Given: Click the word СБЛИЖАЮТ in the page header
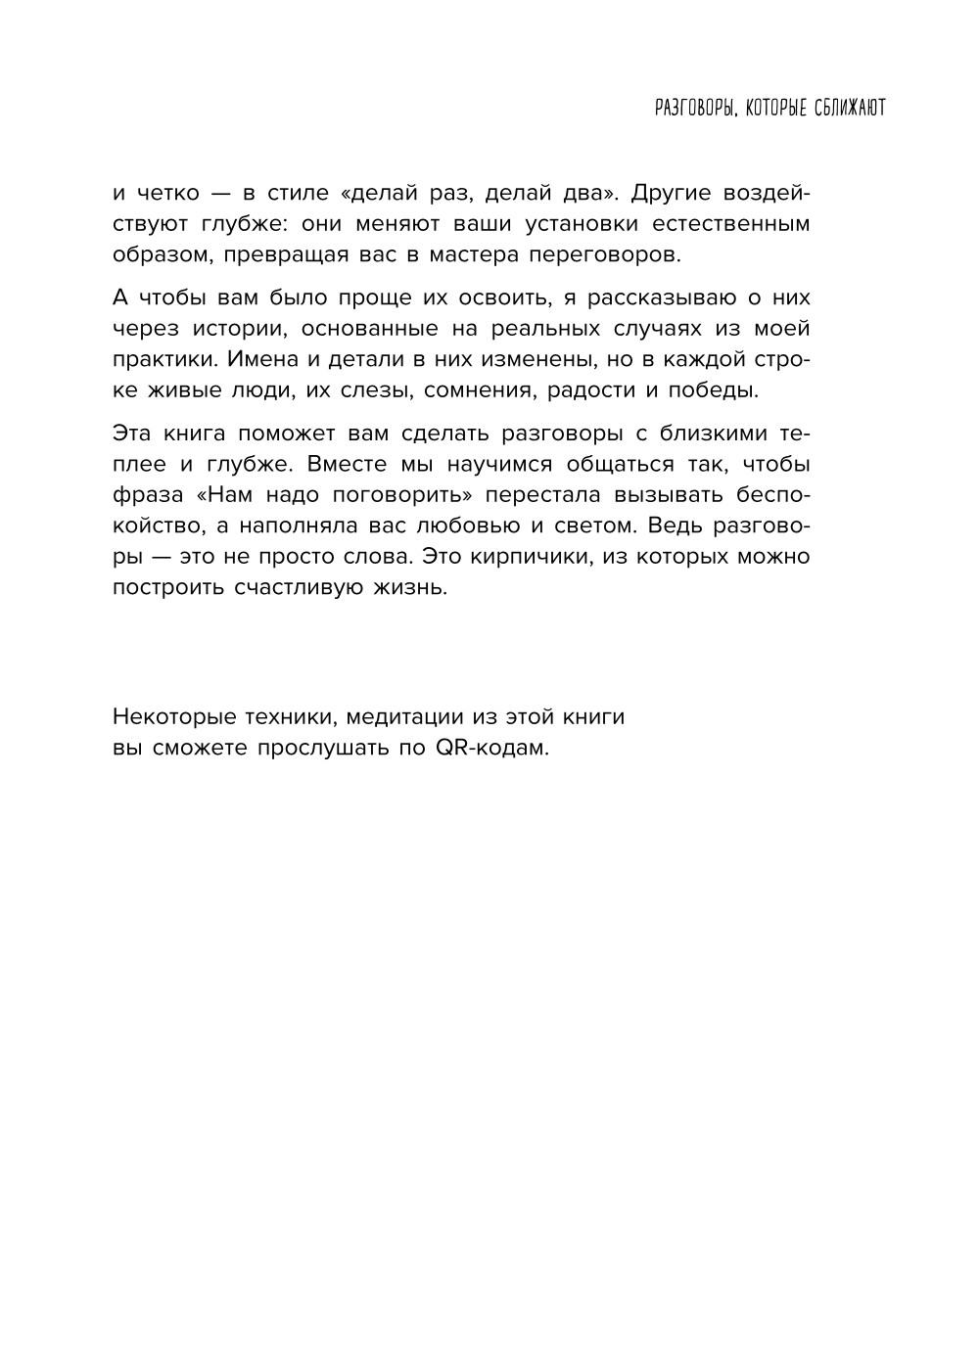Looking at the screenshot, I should pyautogui.click(x=849, y=108).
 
